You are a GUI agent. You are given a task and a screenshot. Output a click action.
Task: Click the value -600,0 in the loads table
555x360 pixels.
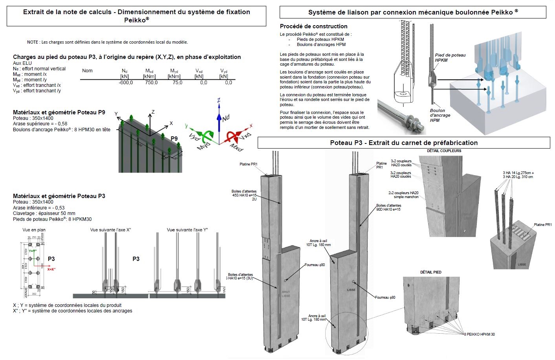tap(126, 83)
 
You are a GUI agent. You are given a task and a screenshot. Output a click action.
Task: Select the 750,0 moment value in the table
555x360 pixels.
tap(151, 83)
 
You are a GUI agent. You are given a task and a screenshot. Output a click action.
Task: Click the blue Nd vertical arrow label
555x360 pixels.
tap(225, 118)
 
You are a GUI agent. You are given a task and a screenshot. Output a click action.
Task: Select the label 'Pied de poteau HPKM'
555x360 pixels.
tap(450, 58)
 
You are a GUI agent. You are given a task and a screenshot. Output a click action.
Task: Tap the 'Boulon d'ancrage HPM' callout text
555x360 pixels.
tap(440, 115)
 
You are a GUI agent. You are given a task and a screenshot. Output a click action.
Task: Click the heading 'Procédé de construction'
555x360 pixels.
tap(313, 26)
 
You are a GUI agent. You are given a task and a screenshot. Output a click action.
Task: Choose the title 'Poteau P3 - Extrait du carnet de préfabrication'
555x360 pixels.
tap(404, 143)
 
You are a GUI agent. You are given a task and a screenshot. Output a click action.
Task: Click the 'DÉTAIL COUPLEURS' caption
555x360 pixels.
tap(444, 151)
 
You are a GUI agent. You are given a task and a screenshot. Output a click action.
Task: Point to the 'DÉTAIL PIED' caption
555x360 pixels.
tap(431, 272)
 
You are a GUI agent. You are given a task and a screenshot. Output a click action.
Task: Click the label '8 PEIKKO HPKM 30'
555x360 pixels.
tap(480, 334)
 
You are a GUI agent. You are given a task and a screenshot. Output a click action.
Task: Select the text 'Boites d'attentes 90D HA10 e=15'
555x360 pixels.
tap(388, 208)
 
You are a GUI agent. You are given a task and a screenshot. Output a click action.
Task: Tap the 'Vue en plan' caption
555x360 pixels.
tap(34, 230)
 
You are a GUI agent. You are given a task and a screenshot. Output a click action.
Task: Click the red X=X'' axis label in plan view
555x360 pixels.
tap(51, 269)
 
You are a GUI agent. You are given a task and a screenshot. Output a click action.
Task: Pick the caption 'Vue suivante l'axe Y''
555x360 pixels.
tap(187, 230)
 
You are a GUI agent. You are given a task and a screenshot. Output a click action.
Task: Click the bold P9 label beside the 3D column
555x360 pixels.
tap(174, 138)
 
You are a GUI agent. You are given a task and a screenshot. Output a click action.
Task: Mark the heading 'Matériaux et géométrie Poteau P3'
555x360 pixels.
tap(59, 196)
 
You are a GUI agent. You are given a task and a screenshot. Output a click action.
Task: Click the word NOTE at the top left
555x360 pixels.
tap(33, 42)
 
